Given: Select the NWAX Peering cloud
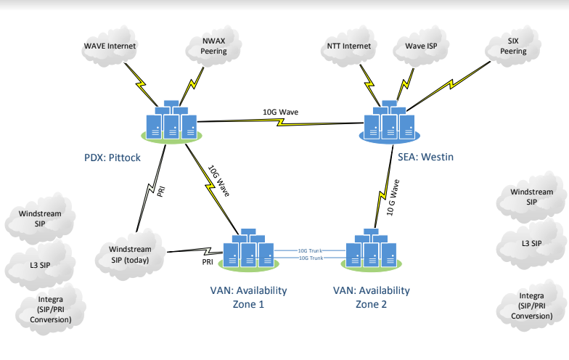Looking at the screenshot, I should pyautogui.click(x=214, y=46).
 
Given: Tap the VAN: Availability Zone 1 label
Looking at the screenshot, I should pyautogui.click(x=248, y=297).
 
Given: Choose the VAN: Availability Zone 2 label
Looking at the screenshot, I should pyautogui.click(x=371, y=297).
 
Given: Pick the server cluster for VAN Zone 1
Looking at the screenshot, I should pyautogui.click(x=247, y=250).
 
